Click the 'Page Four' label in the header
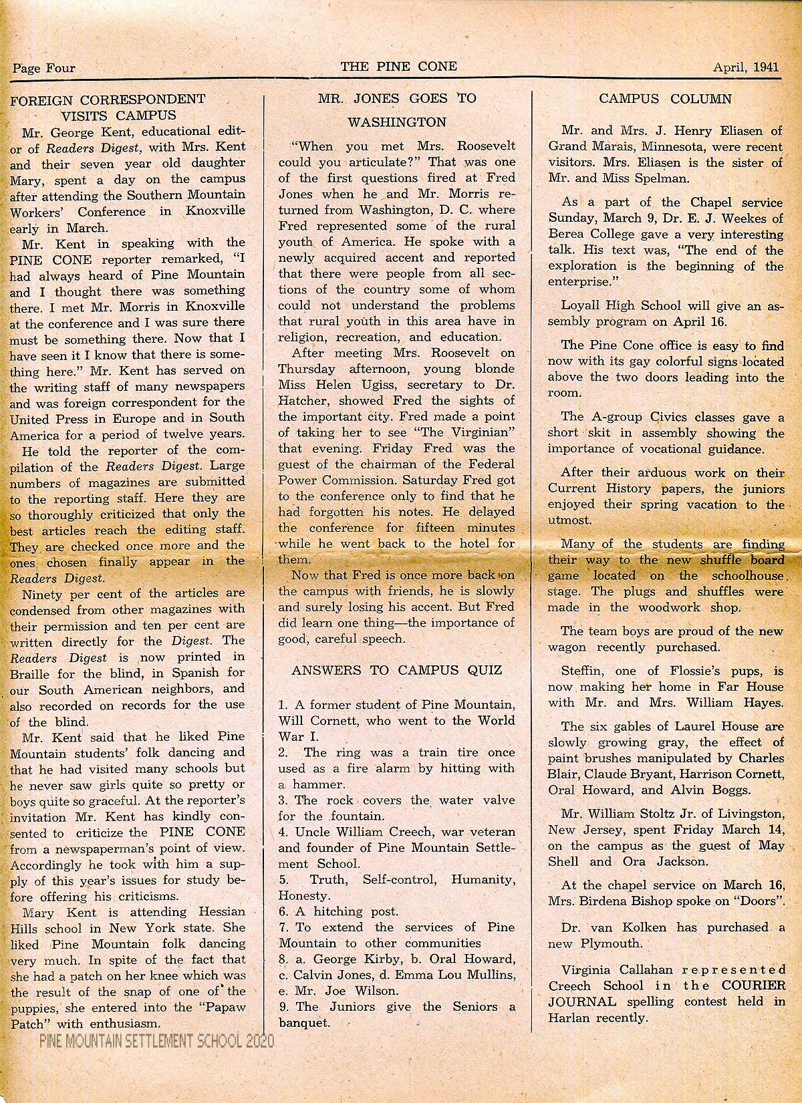pyautogui.click(x=43, y=67)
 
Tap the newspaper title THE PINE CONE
pyautogui.click(x=399, y=66)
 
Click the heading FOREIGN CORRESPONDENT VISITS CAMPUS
pyautogui.click(x=108, y=107)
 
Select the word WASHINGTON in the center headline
pyautogui.click(x=397, y=122)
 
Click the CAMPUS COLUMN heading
pyautogui.click(x=665, y=99)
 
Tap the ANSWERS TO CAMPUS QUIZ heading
pyautogui.click(x=396, y=671)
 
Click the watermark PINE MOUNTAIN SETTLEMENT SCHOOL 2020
pyautogui.click(x=156, y=1041)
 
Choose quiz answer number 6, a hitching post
pyautogui.click(x=338, y=911)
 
